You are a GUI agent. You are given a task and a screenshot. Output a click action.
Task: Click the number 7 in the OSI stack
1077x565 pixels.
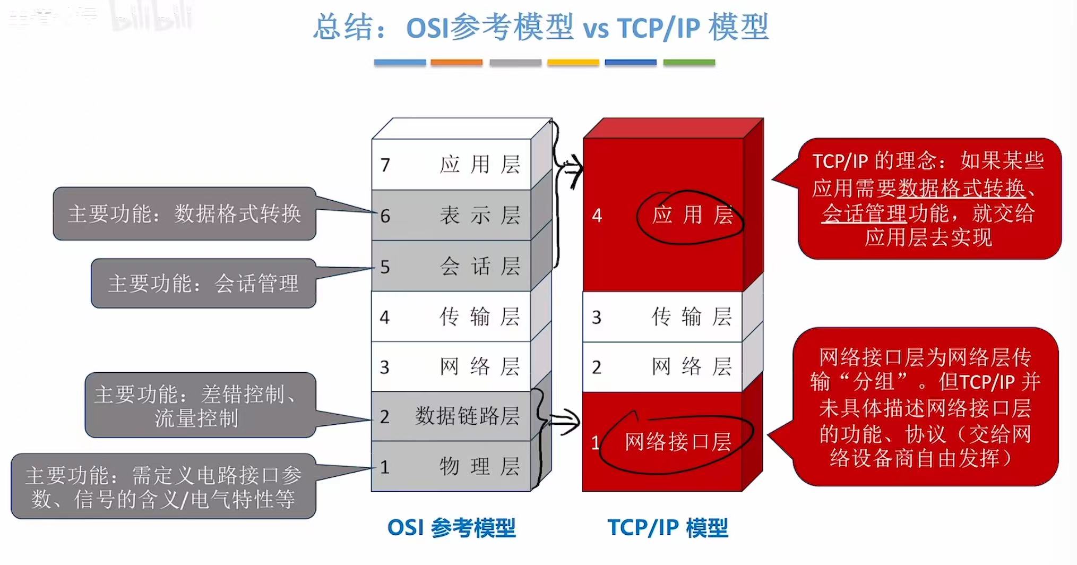tap(385, 165)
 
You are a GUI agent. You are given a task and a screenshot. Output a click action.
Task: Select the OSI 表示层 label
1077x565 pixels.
tap(479, 216)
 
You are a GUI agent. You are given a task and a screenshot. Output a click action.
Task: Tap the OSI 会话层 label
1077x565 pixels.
tap(479, 266)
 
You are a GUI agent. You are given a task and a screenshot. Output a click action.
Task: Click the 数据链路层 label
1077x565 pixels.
tap(467, 416)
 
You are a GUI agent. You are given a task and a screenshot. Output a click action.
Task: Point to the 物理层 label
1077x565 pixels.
tap(479, 466)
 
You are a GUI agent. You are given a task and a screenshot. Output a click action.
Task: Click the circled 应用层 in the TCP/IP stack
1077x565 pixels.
tap(692, 215)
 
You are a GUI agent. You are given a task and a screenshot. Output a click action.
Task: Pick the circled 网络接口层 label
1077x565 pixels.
tap(678, 442)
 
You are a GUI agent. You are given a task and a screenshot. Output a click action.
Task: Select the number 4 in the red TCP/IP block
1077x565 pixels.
tap(597, 215)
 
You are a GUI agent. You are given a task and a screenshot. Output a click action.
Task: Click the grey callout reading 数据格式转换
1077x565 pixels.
tap(184, 213)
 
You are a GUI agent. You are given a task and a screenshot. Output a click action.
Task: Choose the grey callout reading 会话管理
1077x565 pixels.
tap(203, 283)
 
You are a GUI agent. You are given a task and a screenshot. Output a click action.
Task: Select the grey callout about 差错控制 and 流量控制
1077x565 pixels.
tap(200, 405)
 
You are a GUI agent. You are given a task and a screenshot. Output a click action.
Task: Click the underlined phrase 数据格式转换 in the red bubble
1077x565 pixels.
tap(961, 188)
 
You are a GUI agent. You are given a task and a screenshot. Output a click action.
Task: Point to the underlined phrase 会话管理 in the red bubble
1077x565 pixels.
tap(864, 213)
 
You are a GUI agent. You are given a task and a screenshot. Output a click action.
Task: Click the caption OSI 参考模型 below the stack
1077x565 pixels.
tap(451, 528)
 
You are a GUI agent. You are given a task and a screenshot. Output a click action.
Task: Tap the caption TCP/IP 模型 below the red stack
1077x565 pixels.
tap(667, 528)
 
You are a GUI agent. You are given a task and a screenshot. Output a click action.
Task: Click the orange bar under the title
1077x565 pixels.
tap(456, 63)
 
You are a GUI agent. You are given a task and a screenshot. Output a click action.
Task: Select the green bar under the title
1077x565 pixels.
tap(689, 63)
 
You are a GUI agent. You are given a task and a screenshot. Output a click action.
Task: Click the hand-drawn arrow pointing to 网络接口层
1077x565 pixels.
tap(564, 422)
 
